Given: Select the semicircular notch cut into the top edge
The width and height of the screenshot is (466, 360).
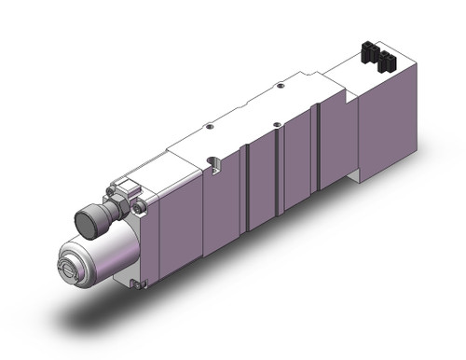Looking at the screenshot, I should point(212,165).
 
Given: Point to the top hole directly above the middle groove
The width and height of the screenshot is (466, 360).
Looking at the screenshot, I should point(277,125).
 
